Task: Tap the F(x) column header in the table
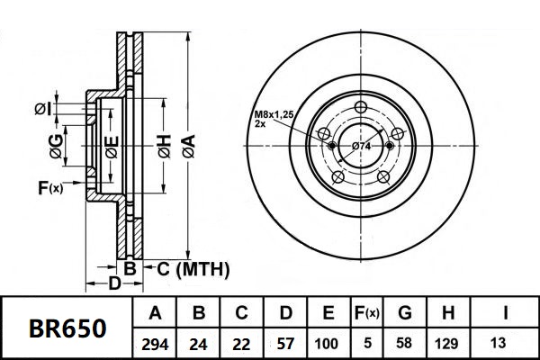pos(367,314)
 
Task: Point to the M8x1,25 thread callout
pos(272,114)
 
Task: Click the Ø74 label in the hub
pos(362,146)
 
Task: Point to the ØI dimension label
pos(42,109)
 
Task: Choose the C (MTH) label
pos(193,269)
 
